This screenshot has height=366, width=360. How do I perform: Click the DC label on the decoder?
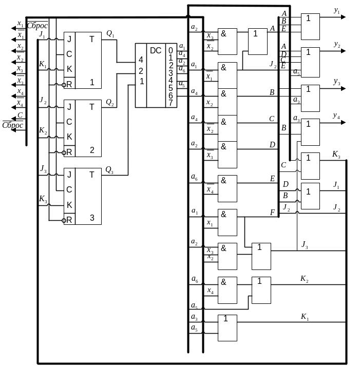(156, 50)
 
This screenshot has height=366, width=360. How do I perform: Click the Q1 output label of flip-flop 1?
(110, 34)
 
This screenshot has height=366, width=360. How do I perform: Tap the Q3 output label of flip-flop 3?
(109, 170)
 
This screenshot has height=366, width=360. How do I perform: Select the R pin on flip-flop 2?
(69, 152)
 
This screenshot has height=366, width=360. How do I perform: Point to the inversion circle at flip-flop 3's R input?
(64, 220)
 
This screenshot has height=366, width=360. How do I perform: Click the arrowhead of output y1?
(343, 17)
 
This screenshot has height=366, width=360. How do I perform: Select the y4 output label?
(336, 115)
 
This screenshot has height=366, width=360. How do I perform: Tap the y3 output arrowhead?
(343, 88)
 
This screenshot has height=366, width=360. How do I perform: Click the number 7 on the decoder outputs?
(170, 103)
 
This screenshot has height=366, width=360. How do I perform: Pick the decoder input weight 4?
(141, 60)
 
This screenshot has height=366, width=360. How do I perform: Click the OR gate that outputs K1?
(228, 328)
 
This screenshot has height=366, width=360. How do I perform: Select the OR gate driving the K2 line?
(261, 290)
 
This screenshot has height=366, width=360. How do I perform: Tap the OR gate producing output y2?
(310, 62)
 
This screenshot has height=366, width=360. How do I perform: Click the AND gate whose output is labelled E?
(228, 188)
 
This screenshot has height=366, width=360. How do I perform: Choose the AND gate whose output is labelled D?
(228, 155)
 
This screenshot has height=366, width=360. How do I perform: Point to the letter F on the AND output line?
(272, 213)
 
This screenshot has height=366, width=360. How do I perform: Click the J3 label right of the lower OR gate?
(305, 245)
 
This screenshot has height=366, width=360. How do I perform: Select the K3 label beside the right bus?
(336, 155)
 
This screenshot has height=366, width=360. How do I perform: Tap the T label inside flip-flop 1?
(92, 39)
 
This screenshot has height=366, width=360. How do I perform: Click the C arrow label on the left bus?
(20, 115)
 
